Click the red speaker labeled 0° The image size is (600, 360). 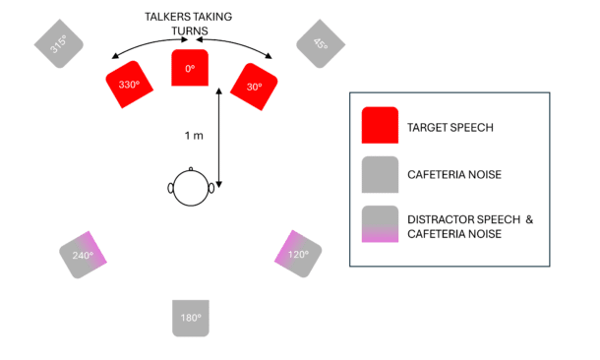pyautogui.click(x=190, y=68)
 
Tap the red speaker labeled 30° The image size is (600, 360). pyautogui.click(x=253, y=85)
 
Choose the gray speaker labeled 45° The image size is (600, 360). pyautogui.click(x=320, y=43)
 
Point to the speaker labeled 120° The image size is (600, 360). pyautogui.click(x=297, y=253)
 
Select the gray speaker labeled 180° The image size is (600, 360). pyautogui.click(x=191, y=317)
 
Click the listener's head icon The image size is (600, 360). pyautogui.click(x=191, y=186)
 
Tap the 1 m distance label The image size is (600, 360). pyautogui.click(x=194, y=135)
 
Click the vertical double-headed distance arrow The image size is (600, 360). pyautogui.click(x=218, y=137)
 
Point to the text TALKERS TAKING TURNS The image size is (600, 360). pyautogui.click(x=190, y=23)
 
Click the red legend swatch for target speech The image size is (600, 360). pyautogui.click(x=380, y=126)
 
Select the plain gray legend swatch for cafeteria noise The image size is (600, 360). pyautogui.click(x=380, y=175)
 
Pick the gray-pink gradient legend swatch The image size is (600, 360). pyautogui.click(x=380, y=225)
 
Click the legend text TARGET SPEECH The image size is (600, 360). pyautogui.click(x=450, y=127)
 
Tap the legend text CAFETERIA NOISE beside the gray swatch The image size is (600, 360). pyautogui.click(x=454, y=176)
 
